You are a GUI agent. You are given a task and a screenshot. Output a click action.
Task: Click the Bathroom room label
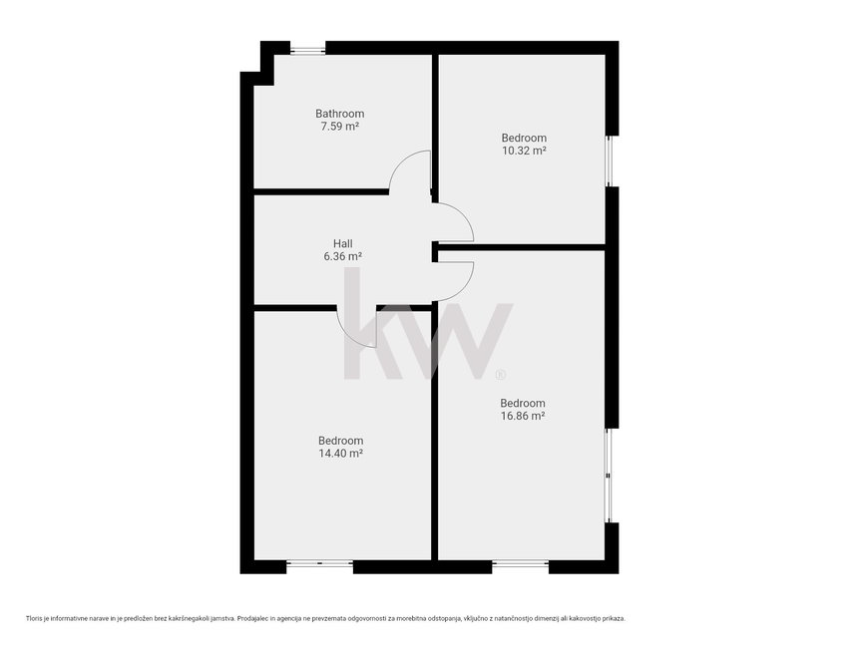(339, 114)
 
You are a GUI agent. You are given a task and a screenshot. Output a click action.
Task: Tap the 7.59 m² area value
(339, 127)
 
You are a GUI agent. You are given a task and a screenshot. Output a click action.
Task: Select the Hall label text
(343, 243)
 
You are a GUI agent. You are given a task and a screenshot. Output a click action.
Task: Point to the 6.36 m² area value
(343, 256)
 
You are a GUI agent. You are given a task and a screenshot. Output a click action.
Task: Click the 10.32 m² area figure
(524, 151)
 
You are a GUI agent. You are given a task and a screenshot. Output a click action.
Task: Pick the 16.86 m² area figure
(523, 416)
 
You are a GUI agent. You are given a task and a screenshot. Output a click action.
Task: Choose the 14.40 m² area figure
(341, 454)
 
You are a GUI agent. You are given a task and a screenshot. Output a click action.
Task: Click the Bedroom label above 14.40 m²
(341, 441)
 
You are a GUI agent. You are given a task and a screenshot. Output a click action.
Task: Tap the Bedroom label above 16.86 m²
(523, 404)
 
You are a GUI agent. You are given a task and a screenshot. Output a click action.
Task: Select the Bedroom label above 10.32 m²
(524, 138)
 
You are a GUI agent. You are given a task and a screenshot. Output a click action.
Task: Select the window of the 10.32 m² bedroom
(610, 161)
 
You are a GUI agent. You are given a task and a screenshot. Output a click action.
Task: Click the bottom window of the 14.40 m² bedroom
(320, 562)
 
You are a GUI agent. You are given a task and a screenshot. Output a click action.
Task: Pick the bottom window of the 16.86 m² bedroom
(521, 562)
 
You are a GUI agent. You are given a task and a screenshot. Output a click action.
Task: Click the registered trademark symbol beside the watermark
(500, 375)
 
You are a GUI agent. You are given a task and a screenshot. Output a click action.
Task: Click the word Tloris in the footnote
(33, 618)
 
